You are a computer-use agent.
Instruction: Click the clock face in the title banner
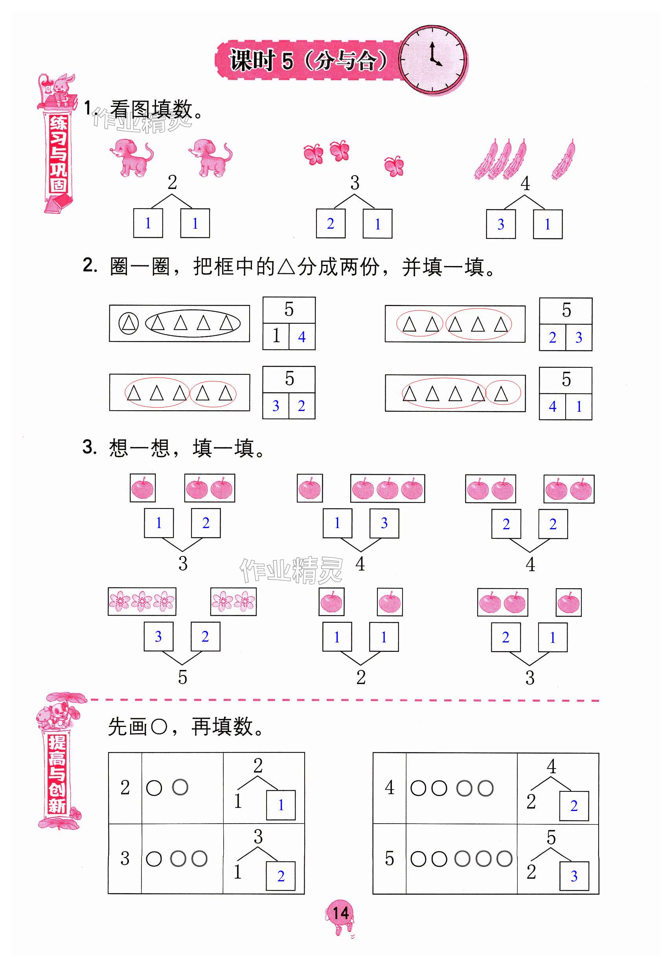(433, 59)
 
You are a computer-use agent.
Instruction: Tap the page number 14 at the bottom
(340, 913)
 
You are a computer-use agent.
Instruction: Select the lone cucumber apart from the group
(564, 160)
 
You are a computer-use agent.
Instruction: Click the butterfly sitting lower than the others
(394, 165)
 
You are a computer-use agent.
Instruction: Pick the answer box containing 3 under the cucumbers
(500, 224)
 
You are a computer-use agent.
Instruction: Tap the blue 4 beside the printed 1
(301, 337)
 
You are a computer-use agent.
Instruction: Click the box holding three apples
(387, 488)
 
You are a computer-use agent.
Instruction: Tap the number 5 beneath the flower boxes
(182, 677)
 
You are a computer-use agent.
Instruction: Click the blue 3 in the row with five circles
(574, 876)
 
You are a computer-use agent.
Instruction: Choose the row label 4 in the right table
(389, 787)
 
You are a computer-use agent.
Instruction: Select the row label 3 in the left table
(125, 858)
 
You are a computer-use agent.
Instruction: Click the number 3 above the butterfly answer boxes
(355, 183)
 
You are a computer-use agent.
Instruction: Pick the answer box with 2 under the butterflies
(331, 224)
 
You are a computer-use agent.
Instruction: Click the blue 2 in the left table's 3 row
(281, 876)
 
